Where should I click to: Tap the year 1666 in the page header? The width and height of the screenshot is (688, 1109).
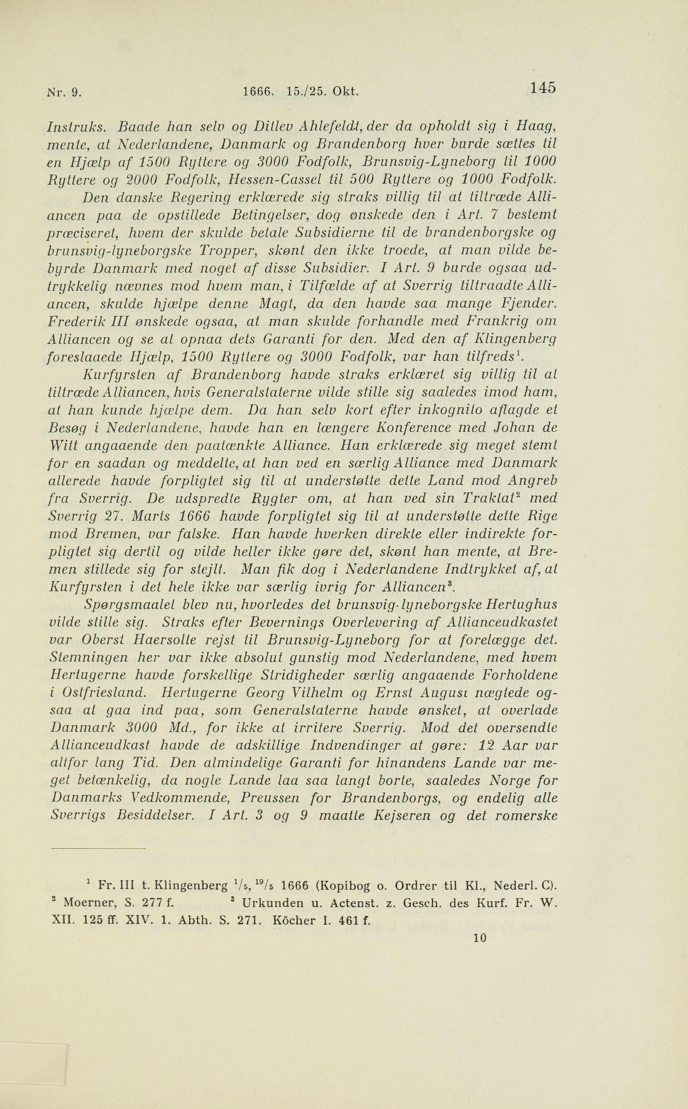click(x=258, y=92)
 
